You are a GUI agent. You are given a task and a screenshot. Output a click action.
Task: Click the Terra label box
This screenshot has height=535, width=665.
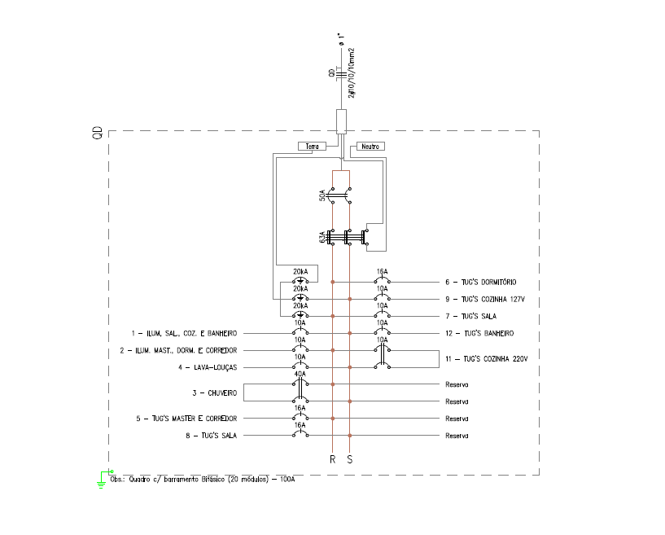[x=311, y=147]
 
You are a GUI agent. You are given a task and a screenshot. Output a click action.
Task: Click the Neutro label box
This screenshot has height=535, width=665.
[x=370, y=147]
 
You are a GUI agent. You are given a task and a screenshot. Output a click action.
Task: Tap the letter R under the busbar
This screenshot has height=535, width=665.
[x=332, y=460]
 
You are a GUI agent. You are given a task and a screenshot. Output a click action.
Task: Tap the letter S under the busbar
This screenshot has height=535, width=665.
[x=350, y=460]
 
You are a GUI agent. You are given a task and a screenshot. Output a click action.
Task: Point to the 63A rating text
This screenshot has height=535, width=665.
[x=323, y=239]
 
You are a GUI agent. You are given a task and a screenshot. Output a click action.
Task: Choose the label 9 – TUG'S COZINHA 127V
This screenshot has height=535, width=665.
[x=486, y=299]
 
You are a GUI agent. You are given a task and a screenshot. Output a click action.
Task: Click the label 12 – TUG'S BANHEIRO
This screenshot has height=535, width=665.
[x=479, y=333]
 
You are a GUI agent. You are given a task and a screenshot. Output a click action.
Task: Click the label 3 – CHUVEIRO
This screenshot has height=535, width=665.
[x=215, y=393]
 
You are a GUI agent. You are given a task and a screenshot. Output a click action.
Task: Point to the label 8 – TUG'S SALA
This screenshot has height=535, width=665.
[x=212, y=436]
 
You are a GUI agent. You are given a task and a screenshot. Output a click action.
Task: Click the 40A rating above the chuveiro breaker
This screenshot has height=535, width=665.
[x=300, y=374]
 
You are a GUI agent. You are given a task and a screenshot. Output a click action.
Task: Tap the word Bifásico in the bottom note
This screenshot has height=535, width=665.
[x=207, y=480]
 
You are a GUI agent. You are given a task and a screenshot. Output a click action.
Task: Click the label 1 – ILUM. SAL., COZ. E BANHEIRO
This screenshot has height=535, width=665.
[x=184, y=333]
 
